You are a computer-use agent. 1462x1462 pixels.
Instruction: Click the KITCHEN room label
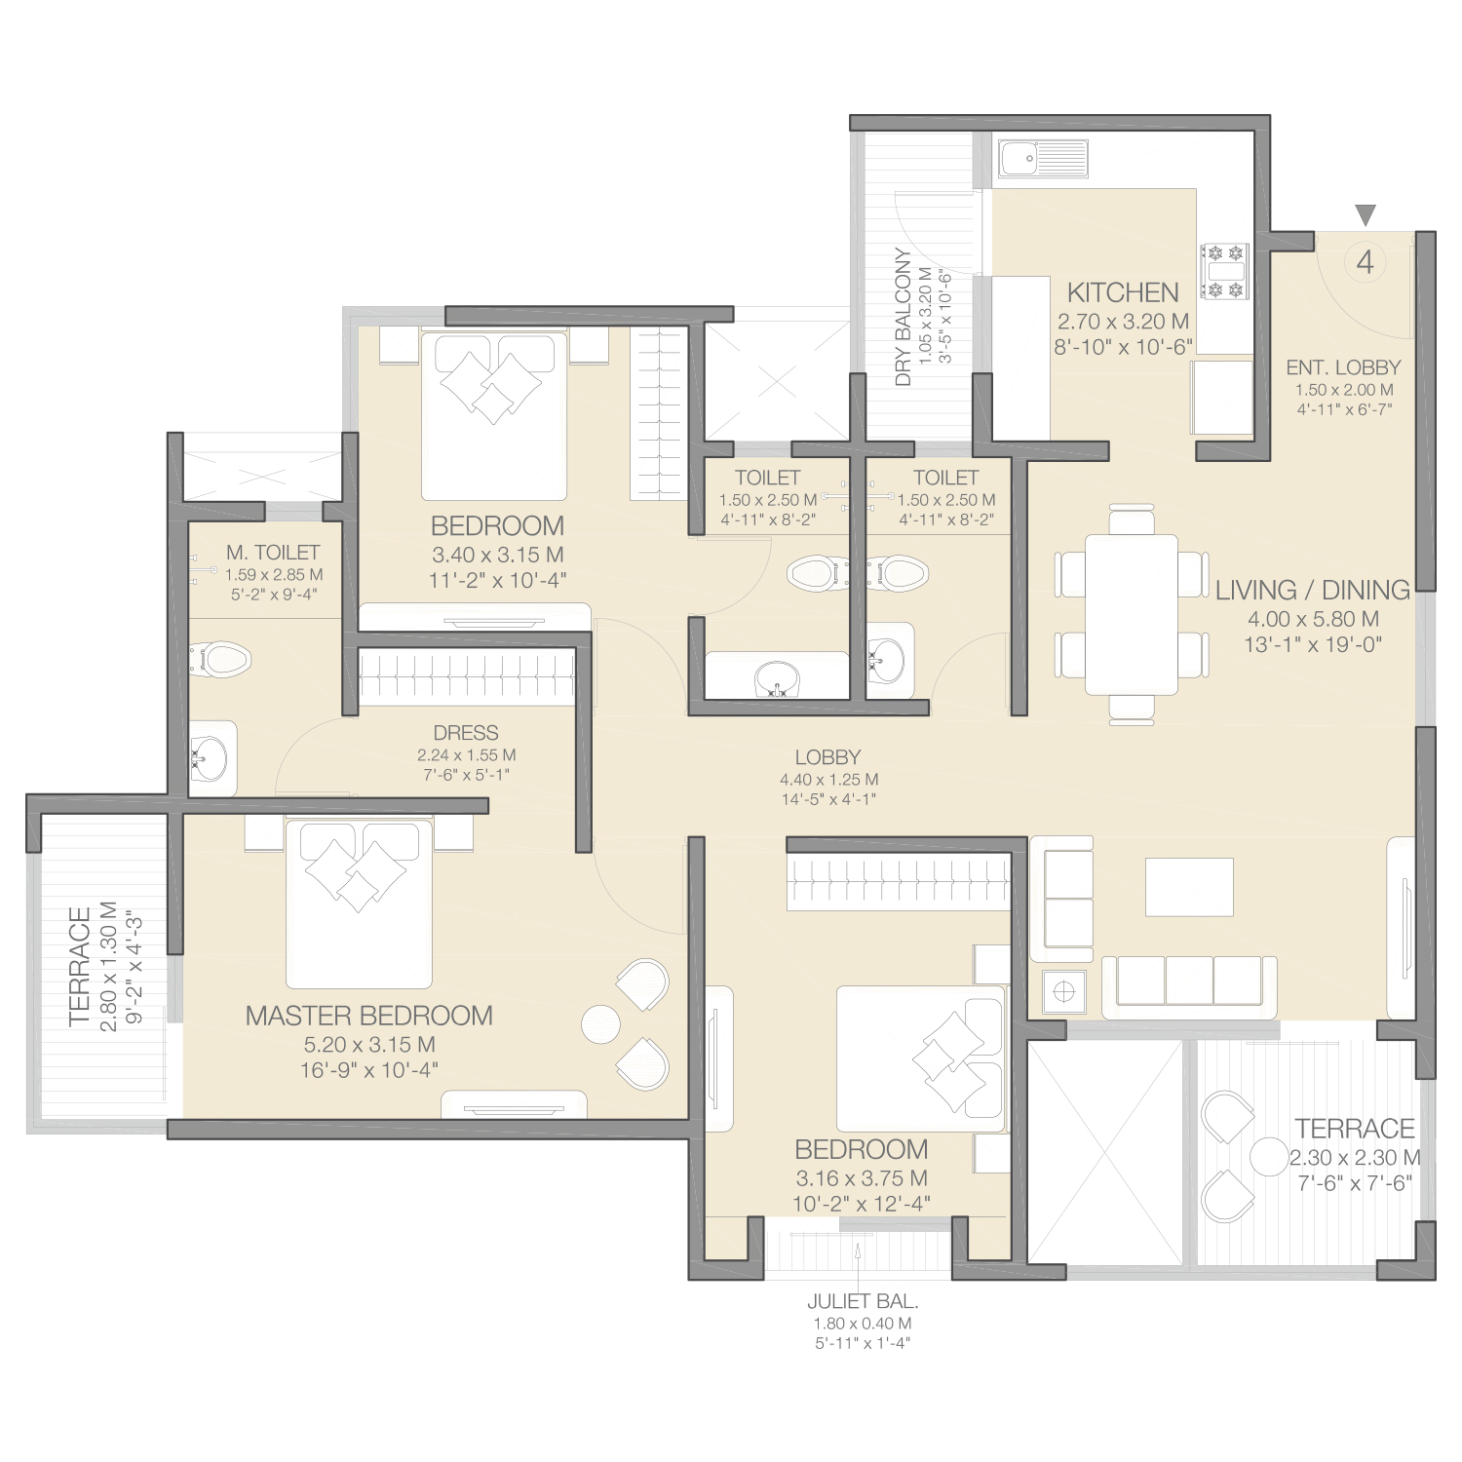[1123, 291]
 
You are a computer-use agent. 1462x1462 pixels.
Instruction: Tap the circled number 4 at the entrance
[1366, 261]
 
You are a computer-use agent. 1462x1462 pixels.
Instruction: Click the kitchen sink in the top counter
[1042, 158]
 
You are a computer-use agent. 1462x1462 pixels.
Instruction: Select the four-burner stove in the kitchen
[1225, 271]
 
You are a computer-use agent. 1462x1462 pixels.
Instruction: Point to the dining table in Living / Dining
[1131, 614]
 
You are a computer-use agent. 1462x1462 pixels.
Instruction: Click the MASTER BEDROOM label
[369, 1016]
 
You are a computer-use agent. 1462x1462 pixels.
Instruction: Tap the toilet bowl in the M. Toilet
[221, 659]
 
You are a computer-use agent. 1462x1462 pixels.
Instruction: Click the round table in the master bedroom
[601, 1023]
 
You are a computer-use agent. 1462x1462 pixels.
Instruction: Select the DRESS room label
[466, 733]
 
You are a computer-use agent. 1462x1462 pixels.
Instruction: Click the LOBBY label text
[827, 757]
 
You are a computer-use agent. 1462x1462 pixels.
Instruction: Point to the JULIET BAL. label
[863, 1301]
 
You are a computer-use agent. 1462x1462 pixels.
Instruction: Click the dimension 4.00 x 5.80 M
[1313, 619]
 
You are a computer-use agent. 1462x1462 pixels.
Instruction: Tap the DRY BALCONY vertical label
[904, 317]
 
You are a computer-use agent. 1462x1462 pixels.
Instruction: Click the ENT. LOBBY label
[1343, 367]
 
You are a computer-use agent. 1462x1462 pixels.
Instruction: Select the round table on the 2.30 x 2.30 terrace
[1270, 1157]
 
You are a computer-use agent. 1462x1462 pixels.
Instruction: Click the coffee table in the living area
[1189, 887]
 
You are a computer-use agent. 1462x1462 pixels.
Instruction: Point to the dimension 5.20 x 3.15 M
[369, 1045]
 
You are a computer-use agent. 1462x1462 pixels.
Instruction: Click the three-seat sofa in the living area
[1189, 986]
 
